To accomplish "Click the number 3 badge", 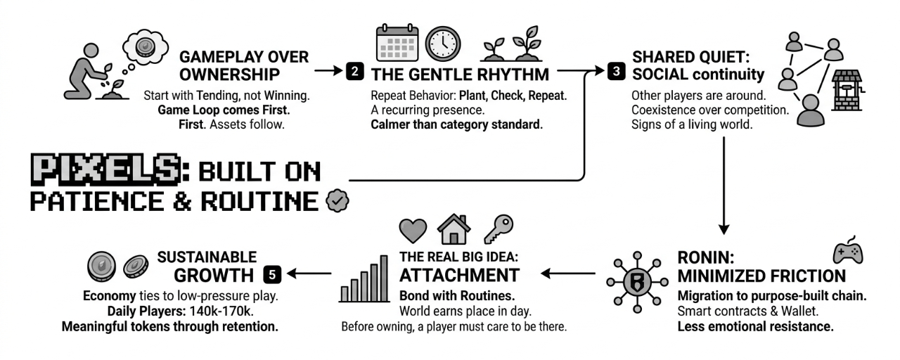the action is (x=616, y=71).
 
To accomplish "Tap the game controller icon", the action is (x=847, y=252).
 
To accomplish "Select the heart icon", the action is (x=413, y=231).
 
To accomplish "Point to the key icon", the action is (x=498, y=229).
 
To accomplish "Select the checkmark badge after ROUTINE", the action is (x=337, y=201).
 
